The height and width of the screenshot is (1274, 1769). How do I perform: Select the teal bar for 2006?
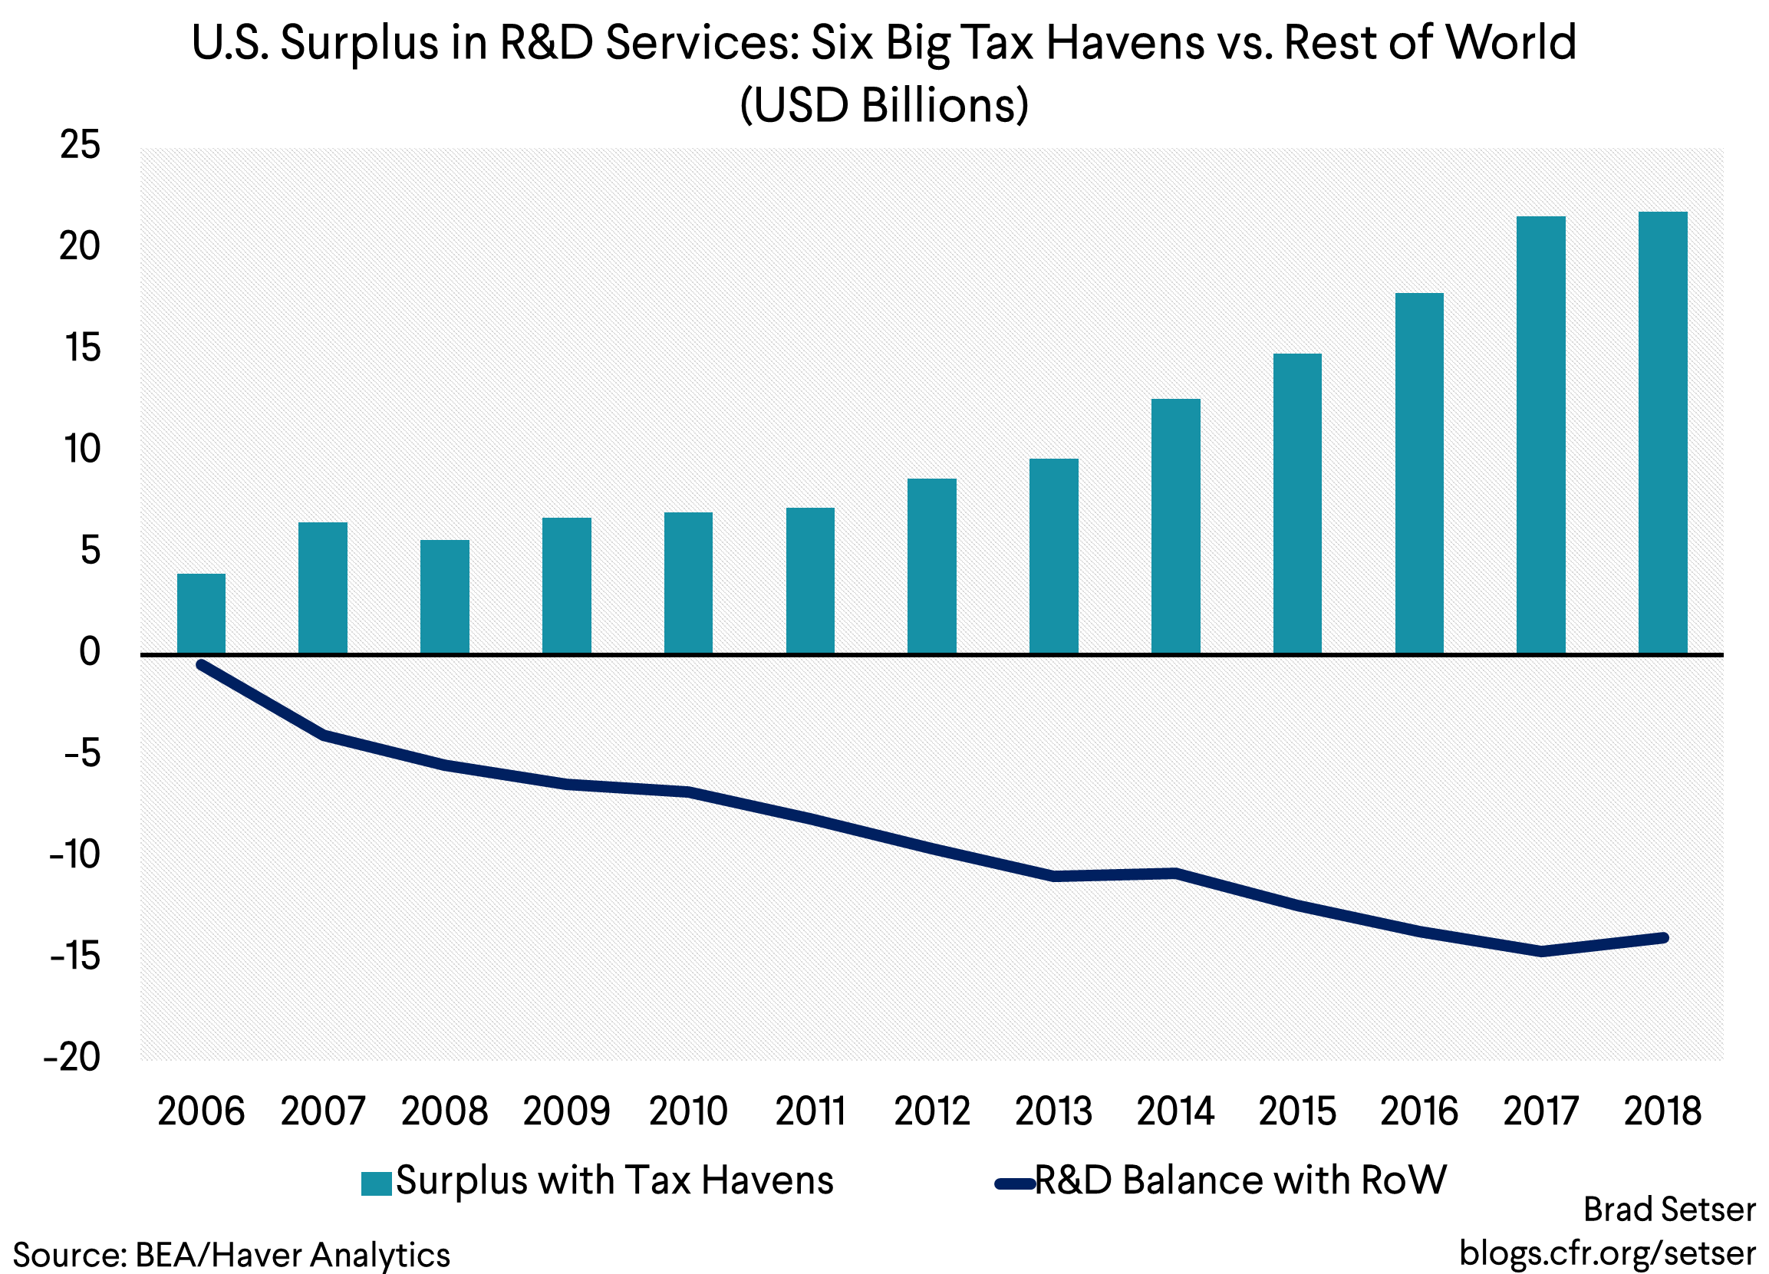[201, 614]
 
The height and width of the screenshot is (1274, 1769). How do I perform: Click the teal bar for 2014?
[1175, 526]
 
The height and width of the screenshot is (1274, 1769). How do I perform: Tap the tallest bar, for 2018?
[1662, 433]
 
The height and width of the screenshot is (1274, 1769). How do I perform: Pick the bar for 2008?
[445, 597]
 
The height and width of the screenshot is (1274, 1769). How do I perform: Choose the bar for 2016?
[1418, 473]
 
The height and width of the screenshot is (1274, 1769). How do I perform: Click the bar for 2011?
[809, 581]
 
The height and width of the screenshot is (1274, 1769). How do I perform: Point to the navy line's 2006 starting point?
[202, 665]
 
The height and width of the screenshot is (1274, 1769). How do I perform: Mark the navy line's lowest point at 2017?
[1541, 951]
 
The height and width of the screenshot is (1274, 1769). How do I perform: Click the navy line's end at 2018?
[1663, 938]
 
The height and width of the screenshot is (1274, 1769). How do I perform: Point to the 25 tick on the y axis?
[81, 146]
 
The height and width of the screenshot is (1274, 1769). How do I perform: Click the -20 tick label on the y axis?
[73, 1058]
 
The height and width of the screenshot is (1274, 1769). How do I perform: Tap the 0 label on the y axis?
[90, 653]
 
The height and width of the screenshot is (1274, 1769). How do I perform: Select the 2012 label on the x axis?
[931, 1111]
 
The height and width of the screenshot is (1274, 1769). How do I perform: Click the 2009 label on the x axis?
[566, 1111]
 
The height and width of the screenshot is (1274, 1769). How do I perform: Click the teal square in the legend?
[376, 1183]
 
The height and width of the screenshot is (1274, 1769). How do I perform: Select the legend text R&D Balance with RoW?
[1240, 1180]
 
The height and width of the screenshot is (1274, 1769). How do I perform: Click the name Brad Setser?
[1669, 1210]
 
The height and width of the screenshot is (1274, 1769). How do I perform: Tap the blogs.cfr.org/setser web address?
[1607, 1253]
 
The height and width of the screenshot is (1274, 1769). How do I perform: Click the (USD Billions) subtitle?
[884, 105]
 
